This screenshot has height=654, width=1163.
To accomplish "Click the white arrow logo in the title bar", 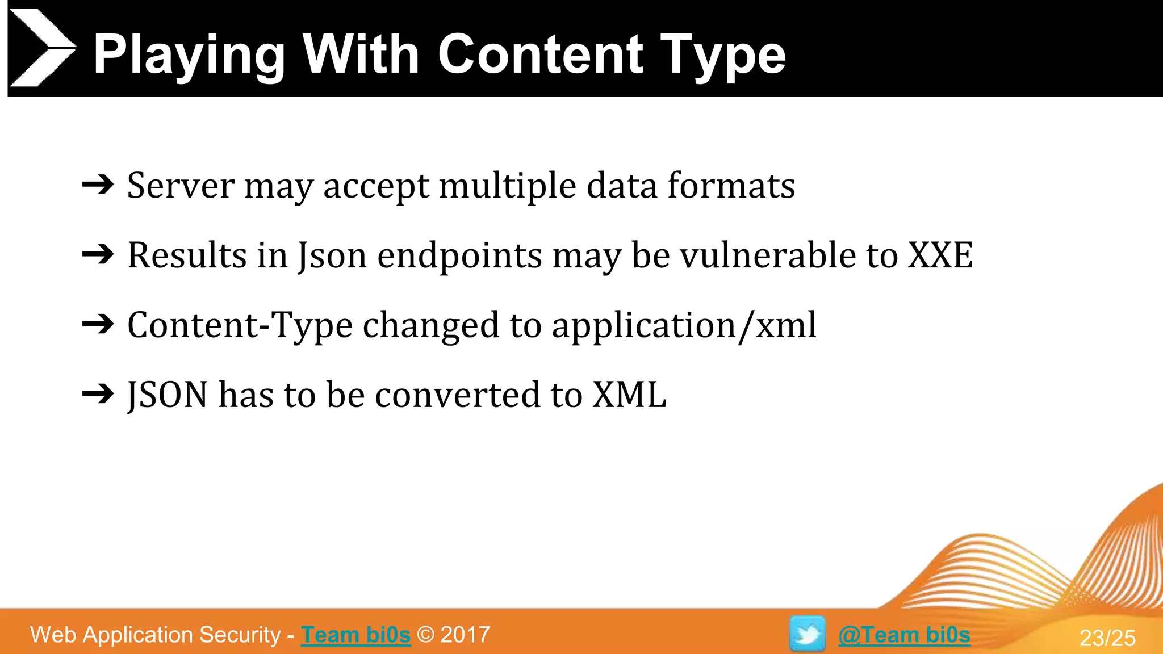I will [x=41, y=48].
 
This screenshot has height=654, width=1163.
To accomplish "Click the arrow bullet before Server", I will [x=98, y=185].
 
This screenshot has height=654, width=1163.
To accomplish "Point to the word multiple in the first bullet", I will [x=508, y=186].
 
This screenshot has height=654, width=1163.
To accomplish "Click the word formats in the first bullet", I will [x=731, y=186].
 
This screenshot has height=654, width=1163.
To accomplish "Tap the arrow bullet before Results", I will [x=98, y=254].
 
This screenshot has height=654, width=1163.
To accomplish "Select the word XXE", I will [x=940, y=255].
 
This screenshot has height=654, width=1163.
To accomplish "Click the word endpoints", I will [x=460, y=256].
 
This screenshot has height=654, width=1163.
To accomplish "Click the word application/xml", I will [x=684, y=325].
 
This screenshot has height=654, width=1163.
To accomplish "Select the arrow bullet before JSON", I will [x=98, y=394].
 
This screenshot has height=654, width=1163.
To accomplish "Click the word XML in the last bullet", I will [x=629, y=395].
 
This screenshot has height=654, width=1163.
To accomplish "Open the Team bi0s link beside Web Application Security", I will [x=355, y=635].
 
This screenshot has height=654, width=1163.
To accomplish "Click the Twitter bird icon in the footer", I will [x=808, y=634].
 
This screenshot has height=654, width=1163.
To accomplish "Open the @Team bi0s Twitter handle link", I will [x=904, y=635].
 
